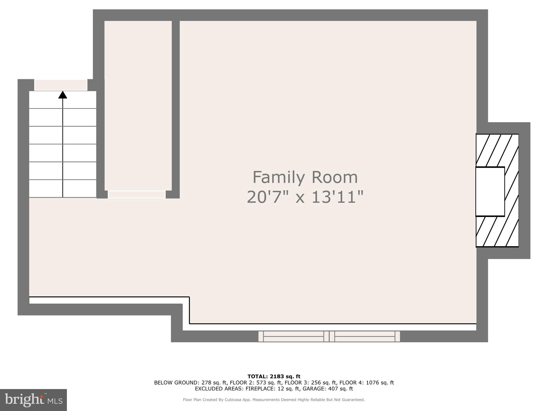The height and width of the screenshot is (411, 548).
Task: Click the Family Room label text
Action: pos(305,177)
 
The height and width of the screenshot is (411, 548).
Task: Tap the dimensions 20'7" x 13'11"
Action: pos(305,197)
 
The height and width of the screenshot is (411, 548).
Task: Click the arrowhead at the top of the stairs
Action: pos(63,95)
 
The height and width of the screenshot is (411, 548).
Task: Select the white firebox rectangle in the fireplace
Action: pos(490,192)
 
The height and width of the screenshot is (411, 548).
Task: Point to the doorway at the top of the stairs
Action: pos(61,85)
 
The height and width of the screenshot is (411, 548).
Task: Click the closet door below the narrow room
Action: pos(136,195)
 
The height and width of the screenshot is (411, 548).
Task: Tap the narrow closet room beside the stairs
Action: pos(138,102)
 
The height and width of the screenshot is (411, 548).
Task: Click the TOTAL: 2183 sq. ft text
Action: pos(274,376)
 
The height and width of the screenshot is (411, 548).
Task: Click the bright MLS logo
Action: pos(33,400)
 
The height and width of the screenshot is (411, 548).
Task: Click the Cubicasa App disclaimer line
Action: pos(274,400)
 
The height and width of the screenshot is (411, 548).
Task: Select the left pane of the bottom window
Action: pos(294,336)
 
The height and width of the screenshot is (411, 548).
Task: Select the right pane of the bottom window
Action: pos(365,336)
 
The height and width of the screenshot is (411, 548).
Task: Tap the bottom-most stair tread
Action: pos(63,189)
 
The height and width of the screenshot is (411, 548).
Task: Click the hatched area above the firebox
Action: pos(497,150)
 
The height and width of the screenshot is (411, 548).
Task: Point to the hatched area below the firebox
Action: pos(497,232)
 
